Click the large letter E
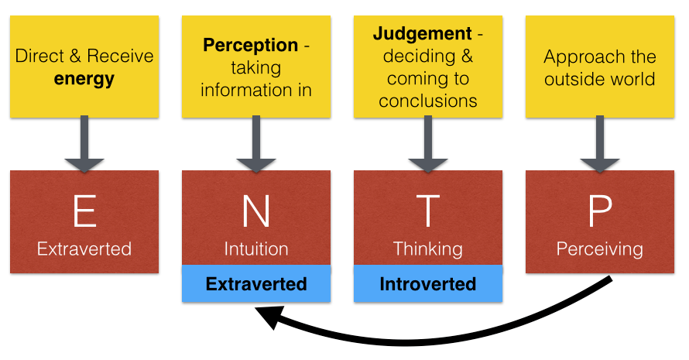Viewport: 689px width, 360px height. pos(84,211)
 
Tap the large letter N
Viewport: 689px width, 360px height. pos(256,211)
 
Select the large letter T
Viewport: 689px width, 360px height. pos(428,211)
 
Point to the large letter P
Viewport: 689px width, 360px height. pos(600,211)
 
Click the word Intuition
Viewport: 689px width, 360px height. pos(256,249)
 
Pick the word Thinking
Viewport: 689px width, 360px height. pos(428,249)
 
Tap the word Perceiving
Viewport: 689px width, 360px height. pos(600,249)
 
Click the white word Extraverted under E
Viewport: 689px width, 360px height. pos(84,249)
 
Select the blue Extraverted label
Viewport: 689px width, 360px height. pos(256,283)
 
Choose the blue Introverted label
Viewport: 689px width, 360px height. pos(428,283)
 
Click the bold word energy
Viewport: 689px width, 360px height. pos(84,79)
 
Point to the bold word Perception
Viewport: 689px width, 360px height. pos(251,45)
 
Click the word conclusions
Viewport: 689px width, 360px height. pos(428,101)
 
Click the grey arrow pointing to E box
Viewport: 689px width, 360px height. pos(84,143)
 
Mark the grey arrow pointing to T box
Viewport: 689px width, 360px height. pos(428,143)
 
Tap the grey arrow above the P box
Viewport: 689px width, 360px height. pos(600,143)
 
